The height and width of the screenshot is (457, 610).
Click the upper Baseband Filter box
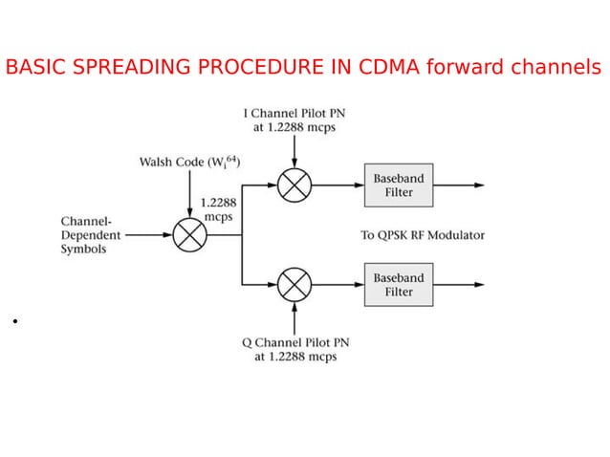[x=399, y=185]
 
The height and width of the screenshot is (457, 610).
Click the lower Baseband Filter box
[x=399, y=285]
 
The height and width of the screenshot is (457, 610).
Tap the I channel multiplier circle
[x=294, y=185]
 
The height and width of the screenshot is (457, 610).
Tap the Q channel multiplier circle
[x=294, y=285]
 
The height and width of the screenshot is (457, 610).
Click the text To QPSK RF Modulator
[x=422, y=235]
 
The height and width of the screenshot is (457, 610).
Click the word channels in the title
[x=557, y=68]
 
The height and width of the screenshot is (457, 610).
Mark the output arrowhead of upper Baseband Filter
[x=479, y=185]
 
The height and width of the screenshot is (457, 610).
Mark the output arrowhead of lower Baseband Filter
[x=479, y=285]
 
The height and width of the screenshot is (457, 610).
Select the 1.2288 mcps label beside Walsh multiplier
[x=219, y=209]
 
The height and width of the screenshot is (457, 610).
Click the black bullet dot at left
[x=16, y=321]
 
